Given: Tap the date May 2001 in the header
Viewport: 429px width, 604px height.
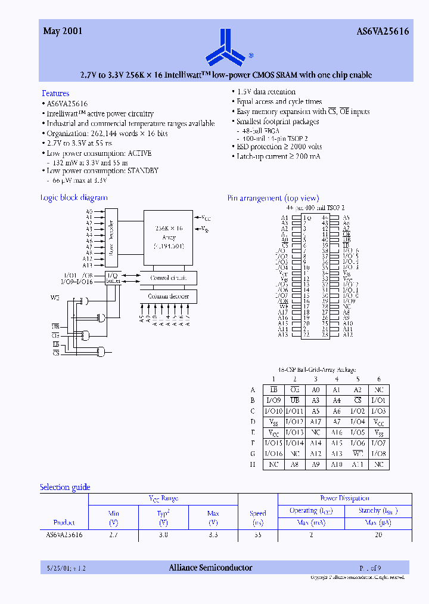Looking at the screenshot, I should coord(63,32).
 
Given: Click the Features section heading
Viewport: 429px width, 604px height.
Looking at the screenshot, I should coord(55,93).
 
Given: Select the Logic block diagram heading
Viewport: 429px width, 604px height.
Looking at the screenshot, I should coord(74,198).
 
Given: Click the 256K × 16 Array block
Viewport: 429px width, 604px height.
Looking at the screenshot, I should coord(169,236).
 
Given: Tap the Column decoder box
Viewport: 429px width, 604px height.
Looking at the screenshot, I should coord(169,296).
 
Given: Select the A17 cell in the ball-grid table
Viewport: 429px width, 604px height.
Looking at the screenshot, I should coord(316,421).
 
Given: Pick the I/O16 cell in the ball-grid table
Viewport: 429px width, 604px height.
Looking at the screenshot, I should coord(273,454).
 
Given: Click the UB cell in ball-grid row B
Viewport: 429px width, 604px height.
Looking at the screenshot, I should coord(294,400).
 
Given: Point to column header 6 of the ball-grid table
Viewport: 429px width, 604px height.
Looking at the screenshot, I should coord(378,379).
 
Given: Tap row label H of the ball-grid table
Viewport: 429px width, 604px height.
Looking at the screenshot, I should coord(253,464).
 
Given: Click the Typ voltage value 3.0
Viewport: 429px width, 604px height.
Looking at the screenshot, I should coord(163,535).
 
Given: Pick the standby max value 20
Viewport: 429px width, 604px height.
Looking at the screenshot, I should coord(378,535).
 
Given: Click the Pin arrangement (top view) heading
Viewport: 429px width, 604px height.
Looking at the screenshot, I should coord(273,198).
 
